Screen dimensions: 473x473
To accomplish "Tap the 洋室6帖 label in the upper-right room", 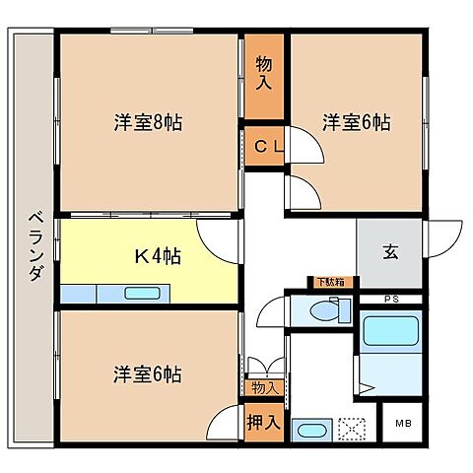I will pos(357,123).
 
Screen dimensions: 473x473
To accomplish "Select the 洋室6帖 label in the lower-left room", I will pos(148,375).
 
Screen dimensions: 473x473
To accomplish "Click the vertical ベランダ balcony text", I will pos(34,245).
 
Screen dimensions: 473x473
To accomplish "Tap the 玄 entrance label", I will pos(390,252).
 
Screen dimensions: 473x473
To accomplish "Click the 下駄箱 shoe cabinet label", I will pos(328,283).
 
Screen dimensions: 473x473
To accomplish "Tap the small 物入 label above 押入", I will pos(264,388).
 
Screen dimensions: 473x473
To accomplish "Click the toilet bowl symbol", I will pos(323,311).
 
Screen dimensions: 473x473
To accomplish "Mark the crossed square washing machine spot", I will pos(353,430).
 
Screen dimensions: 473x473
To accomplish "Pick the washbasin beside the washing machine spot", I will pos(313,431).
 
